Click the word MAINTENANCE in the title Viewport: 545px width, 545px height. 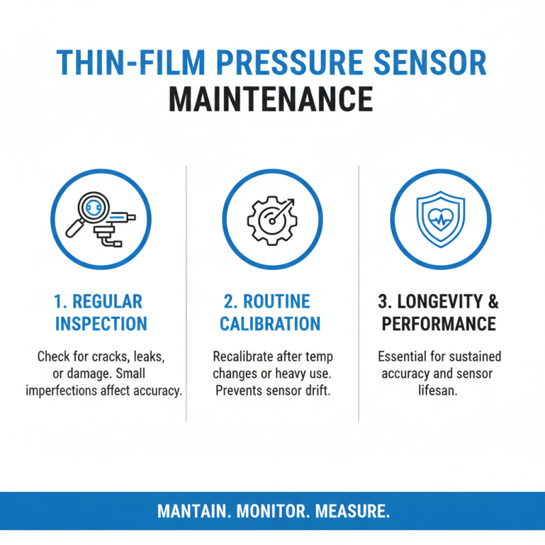click(271, 99)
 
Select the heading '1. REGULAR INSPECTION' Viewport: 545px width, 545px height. click(101, 313)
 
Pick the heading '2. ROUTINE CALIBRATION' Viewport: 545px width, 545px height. click(270, 313)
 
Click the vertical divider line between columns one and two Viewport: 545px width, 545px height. click(186, 293)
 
